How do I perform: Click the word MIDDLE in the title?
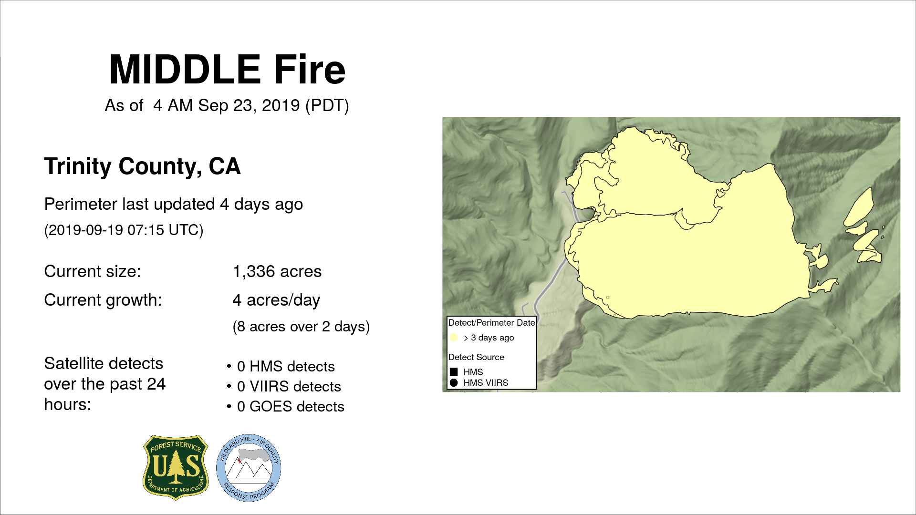(185, 70)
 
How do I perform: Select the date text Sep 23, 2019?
(249, 105)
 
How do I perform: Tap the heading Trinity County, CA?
(142, 166)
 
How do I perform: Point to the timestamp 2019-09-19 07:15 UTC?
(124, 230)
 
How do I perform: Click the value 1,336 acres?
(277, 271)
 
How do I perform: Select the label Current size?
(93, 271)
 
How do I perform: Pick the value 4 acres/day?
(276, 300)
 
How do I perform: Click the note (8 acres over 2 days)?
(301, 327)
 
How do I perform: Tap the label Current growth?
(103, 300)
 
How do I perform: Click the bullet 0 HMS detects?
(286, 367)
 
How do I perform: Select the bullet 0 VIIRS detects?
(289, 387)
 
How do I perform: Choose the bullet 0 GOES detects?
(291, 407)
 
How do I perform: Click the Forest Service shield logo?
(176, 467)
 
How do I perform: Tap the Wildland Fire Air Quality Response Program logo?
(249, 468)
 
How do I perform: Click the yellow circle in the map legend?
(454, 338)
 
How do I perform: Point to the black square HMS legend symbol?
(454, 372)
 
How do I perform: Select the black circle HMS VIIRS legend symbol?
(454, 383)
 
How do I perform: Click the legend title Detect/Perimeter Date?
(492, 323)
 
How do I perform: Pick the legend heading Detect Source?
(476, 357)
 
